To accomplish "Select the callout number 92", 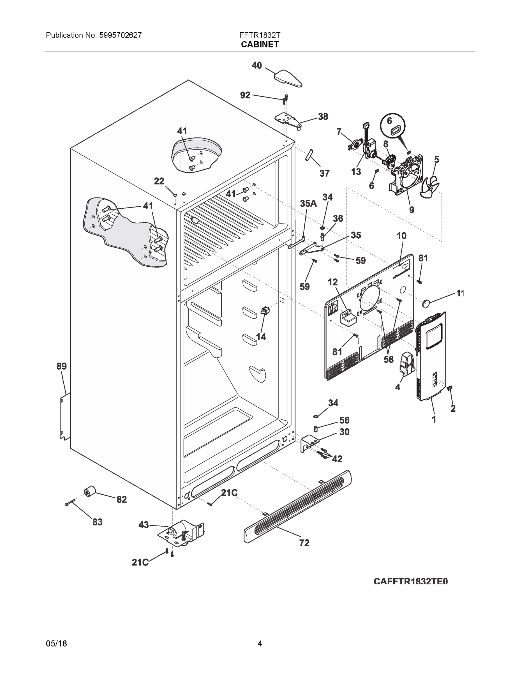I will coord(245,95).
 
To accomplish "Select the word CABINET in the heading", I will coord(260,44).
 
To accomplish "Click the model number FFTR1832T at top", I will coord(260,35).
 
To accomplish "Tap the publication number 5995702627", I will coord(121,35).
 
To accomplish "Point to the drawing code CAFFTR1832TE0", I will coord(410,582).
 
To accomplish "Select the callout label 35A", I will coord(308,203).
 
